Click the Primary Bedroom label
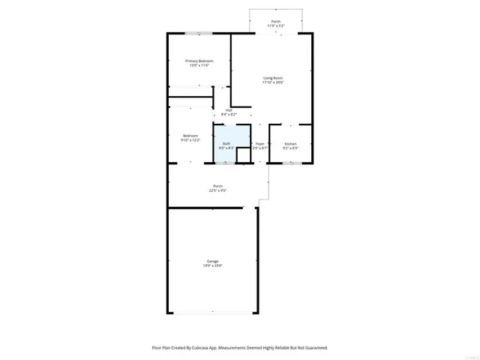point(199,61)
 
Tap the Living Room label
point(272,78)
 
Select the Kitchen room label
point(290,143)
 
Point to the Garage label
point(213,261)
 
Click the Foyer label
point(260,143)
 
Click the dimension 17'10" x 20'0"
point(272,83)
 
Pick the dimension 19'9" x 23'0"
point(213,266)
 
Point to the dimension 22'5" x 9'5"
point(217,190)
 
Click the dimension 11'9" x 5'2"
point(276,26)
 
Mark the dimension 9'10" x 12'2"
point(190,141)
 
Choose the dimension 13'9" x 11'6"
point(199,66)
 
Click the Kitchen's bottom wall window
point(291,163)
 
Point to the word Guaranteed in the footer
point(313,348)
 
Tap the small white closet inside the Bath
point(241,155)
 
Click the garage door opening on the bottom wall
point(212,313)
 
